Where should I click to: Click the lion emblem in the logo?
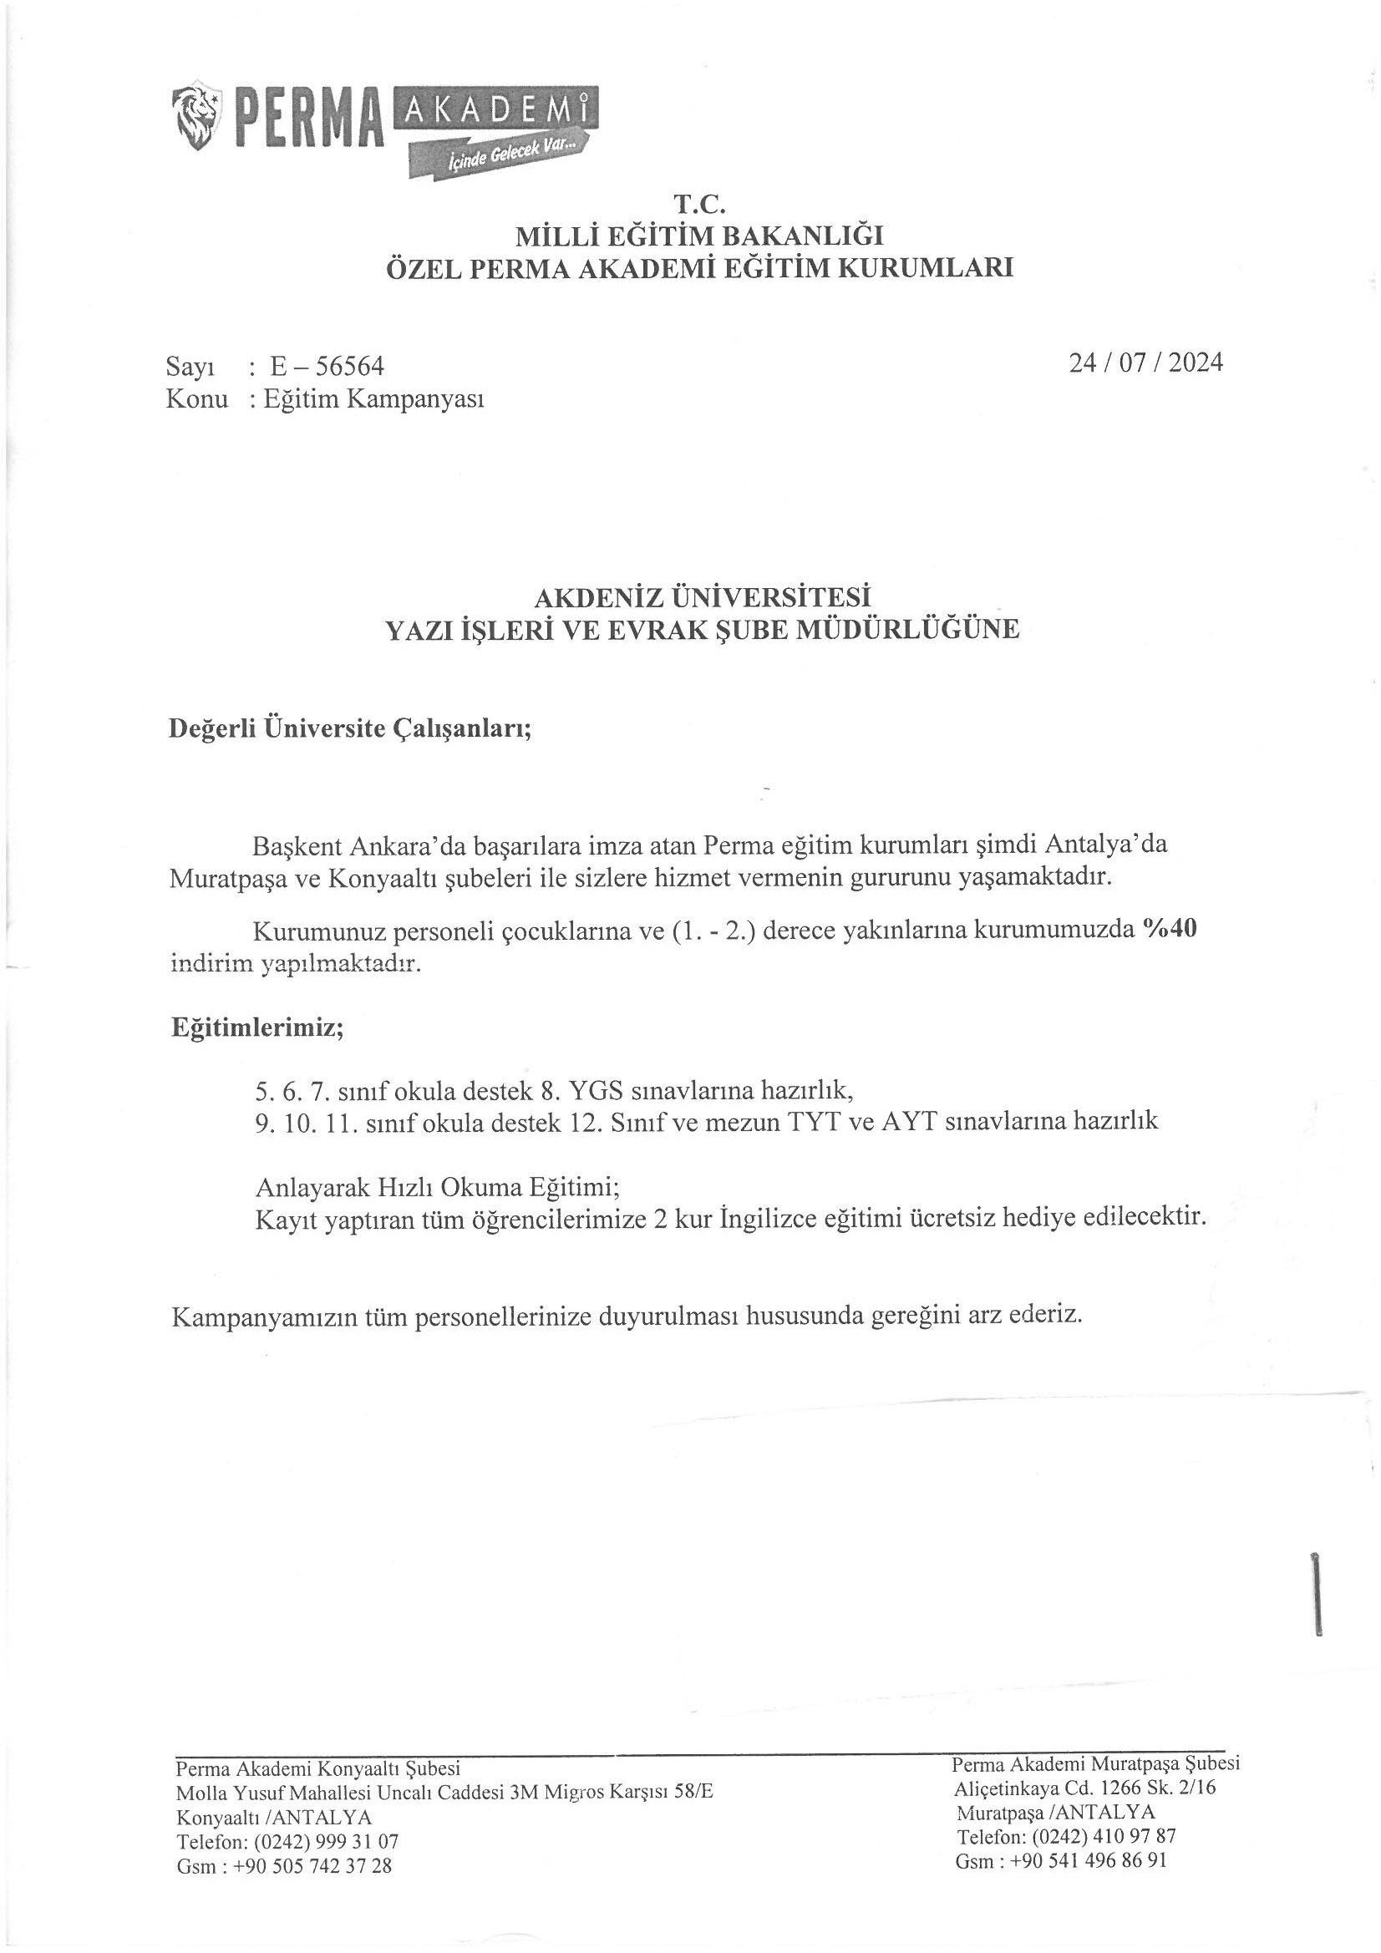(197, 119)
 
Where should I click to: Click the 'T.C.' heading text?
(698, 204)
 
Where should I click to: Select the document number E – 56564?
(327, 366)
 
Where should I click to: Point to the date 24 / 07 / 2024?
(1145, 363)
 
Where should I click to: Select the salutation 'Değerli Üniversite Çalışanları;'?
(351, 728)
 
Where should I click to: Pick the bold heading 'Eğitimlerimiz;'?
(257, 1027)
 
